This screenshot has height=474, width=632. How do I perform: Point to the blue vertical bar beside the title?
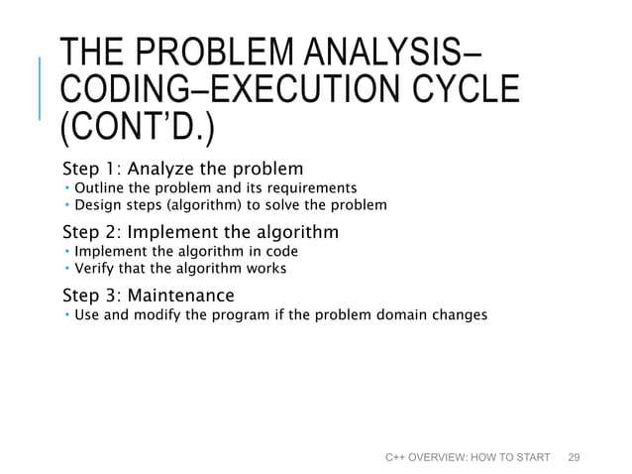(41, 89)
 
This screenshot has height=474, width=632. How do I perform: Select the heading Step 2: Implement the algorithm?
(200, 233)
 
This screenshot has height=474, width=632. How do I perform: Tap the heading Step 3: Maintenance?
(149, 296)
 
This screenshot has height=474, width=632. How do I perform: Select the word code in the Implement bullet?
(280, 251)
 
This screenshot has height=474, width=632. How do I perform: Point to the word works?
(267, 269)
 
